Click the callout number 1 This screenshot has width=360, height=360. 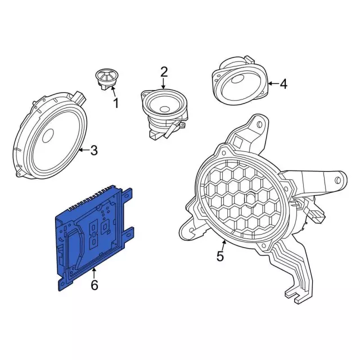tap(116, 103)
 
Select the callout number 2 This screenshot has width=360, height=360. tap(164, 72)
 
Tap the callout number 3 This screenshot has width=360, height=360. tap(94, 150)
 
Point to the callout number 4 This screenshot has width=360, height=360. tap(283, 84)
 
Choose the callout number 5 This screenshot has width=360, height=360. tap(220, 256)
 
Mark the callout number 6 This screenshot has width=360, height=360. tap(94, 285)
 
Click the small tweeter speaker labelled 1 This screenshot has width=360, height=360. tap(106, 79)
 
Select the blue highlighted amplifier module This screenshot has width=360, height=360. tap(94, 237)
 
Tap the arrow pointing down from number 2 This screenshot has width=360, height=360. tap(163, 84)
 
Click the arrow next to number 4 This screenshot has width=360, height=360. tap(273, 83)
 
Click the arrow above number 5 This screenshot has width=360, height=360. tap(223, 245)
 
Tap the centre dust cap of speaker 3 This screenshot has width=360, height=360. tap(48, 135)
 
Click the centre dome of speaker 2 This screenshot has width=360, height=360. tap(165, 109)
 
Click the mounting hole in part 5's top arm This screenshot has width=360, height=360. tap(260, 125)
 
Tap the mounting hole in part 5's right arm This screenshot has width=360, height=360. tap(337, 180)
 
